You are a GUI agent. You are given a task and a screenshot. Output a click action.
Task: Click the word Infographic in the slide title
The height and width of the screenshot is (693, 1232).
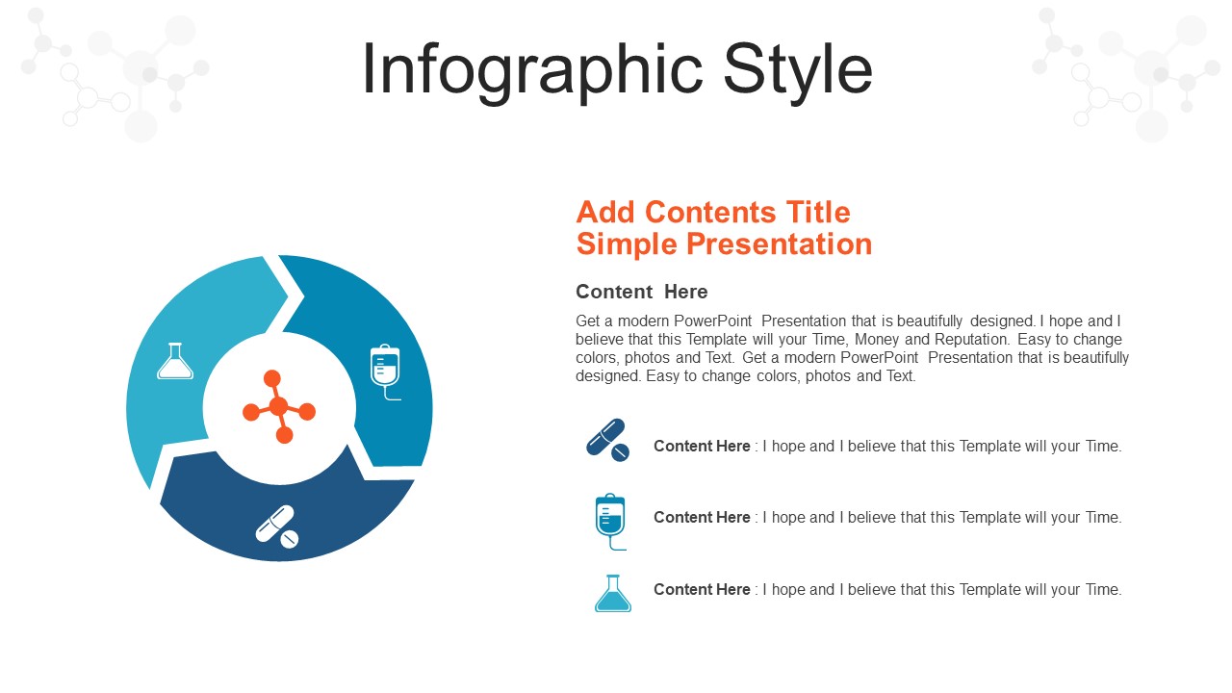coord(532,71)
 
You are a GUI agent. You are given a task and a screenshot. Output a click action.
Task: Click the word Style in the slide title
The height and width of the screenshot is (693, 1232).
coord(798,71)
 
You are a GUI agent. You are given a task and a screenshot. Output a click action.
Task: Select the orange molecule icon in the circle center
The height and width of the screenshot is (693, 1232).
coord(279,407)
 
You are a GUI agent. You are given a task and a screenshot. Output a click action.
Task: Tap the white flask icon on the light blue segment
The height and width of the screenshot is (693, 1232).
coord(175,361)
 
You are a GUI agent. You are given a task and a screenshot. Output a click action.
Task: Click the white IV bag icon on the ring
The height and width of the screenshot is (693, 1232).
coord(386,372)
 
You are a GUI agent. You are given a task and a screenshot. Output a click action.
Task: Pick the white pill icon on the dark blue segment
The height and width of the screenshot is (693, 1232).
coord(277,526)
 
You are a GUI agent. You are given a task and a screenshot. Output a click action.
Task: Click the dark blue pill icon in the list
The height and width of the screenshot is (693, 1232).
coord(607,440)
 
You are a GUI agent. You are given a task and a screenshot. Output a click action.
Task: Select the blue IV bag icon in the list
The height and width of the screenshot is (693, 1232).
coord(610,522)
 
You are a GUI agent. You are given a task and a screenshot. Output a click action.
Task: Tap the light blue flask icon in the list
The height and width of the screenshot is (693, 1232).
coord(613,594)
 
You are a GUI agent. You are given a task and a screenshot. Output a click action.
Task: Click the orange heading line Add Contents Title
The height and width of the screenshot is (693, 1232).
coord(713,213)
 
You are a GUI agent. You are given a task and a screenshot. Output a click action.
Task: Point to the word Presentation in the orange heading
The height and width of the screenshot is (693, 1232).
coord(780,244)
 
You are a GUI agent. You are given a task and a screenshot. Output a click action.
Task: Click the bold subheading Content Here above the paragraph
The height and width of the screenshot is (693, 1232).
coord(642,292)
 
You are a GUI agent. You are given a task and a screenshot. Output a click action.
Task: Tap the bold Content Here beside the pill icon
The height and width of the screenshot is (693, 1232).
coord(702,446)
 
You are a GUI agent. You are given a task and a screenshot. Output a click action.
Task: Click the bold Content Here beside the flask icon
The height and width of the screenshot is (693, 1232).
coord(702,590)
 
